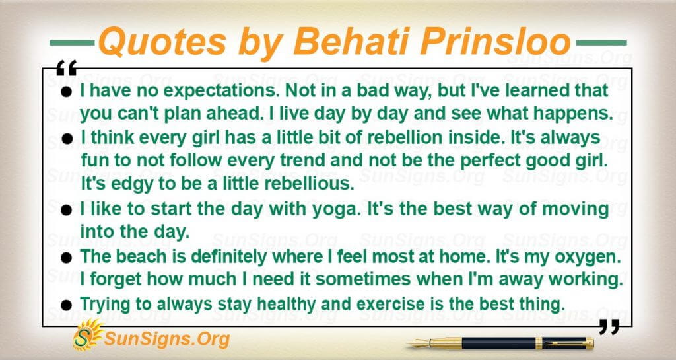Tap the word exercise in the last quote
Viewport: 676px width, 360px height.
coord(391,304)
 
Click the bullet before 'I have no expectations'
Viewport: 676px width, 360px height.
coord(66,92)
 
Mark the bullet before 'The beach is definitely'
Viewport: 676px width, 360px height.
coord(66,258)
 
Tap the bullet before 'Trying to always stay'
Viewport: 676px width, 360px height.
coord(66,305)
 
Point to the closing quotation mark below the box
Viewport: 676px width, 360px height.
coord(609,327)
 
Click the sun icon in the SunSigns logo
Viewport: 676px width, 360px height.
coord(88,334)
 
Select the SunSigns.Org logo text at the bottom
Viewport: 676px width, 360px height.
coord(167,339)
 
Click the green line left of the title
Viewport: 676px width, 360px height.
coord(72,43)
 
